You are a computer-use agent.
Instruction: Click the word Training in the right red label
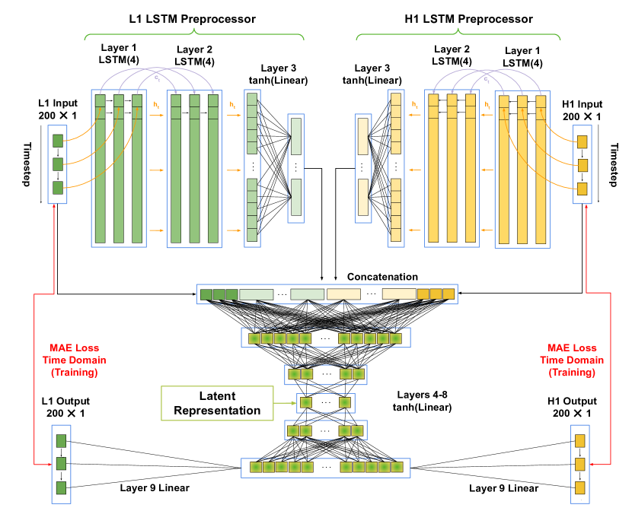(572, 373)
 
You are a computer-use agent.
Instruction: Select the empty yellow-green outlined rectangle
(217, 403)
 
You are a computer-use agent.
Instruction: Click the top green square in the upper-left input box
(58, 141)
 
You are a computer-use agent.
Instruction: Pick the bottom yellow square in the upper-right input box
(583, 189)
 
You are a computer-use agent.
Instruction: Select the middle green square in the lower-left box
(61, 463)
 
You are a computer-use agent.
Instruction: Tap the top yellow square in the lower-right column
(579, 440)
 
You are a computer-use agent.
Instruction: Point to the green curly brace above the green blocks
(194, 33)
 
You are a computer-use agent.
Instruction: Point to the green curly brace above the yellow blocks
(458, 33)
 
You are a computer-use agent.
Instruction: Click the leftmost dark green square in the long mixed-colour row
(206, 294)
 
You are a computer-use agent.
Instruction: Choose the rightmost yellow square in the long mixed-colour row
(448, 294)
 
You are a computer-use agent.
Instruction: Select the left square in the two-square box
(306, 402)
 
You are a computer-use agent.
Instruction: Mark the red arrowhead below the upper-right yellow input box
(586, 208)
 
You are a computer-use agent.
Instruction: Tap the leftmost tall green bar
(100, 168)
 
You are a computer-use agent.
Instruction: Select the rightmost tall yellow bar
(541, 168)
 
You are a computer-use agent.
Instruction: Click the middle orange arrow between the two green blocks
(157, 170)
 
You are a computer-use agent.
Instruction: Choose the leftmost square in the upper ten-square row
(254, 338)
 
